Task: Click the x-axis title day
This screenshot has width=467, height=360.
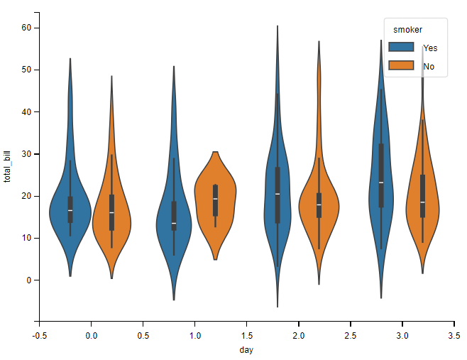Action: (x=246, y=349)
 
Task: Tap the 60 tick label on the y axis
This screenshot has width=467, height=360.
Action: (x=26, y=28)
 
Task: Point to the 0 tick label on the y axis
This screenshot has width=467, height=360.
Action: (x=28, y=280)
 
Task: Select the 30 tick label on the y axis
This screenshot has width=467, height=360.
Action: (x=26, y=153)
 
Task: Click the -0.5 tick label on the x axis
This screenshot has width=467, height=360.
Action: (x=39, y=334)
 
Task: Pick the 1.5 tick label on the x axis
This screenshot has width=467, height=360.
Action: (x=246, y=334)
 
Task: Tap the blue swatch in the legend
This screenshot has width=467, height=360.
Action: (x=402, y=47)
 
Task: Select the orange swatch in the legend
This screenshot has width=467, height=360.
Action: (x=402, y=66)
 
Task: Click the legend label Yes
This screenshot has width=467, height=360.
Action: (x=430, y=48)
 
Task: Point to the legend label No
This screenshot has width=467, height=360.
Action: (x=429, y=67)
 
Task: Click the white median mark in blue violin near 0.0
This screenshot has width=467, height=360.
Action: (x=70, y=210)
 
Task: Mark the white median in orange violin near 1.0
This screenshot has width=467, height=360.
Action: (x=215, y=199)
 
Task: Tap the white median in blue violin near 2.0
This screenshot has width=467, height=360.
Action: (x=278, y=194)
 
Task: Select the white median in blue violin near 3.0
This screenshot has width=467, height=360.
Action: (x=381, y=182)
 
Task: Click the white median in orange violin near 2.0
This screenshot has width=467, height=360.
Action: (x=319, y=204)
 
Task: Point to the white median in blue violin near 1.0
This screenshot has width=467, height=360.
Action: (x=174, y=223)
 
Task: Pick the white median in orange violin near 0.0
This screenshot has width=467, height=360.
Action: (x=111, y=212)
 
